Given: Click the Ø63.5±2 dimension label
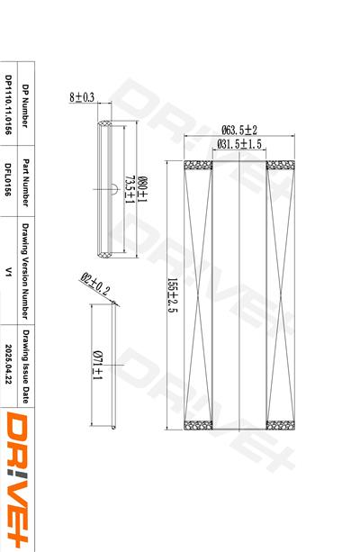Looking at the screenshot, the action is (x=239, y=130).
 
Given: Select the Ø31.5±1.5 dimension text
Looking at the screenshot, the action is (x=239, y=144).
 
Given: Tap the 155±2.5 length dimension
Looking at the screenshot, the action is (x=173, y=295).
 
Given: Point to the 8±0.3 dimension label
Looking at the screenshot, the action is (x=82, y=97).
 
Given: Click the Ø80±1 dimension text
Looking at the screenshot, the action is (x=142, y=189).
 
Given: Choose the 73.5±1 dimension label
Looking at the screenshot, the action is (x=130, y=190).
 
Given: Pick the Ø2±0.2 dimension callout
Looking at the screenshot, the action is (x=95, y=284).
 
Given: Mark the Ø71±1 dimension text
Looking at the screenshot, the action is (x=97, y=365).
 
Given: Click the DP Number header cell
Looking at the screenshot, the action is (x=25, y=105).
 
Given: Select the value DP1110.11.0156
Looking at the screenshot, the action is (x=8, y=104).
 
